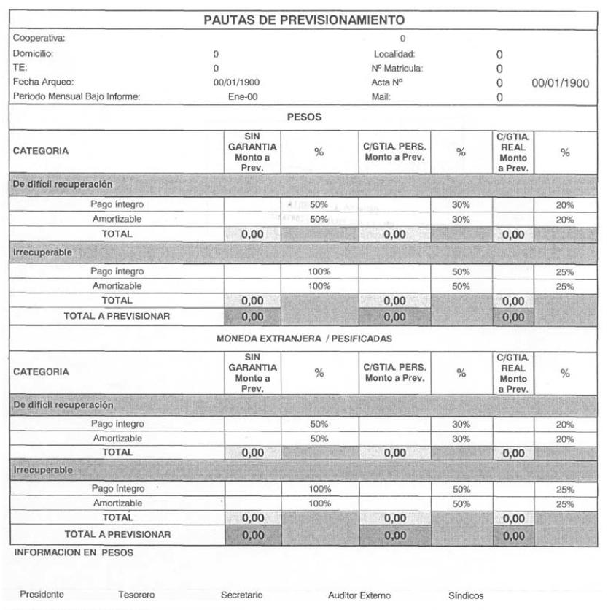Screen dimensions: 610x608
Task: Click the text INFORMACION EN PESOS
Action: click(x=59, y=552)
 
